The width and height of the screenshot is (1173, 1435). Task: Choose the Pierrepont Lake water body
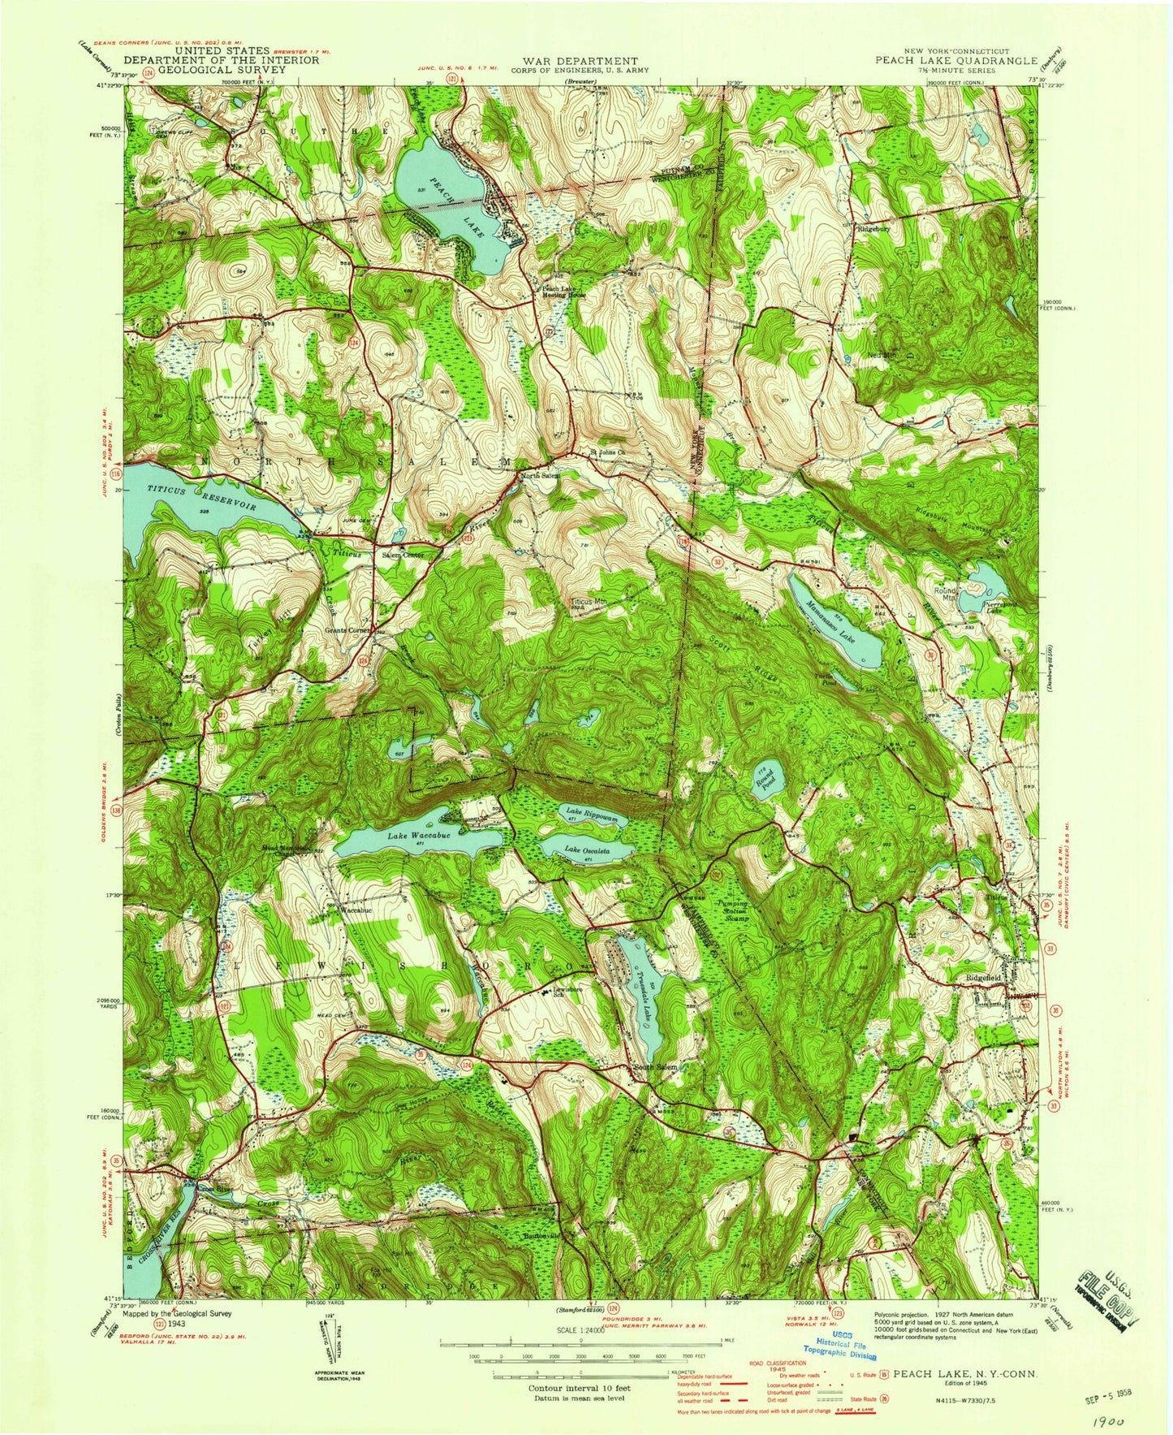click(x=989, y=580)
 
